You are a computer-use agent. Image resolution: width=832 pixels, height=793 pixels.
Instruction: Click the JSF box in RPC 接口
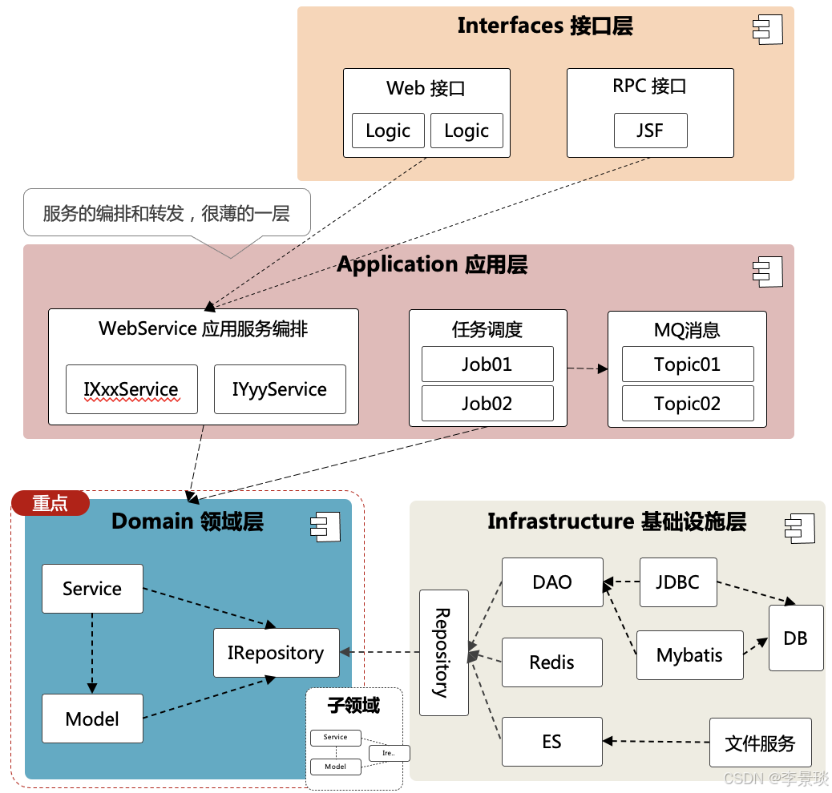pos(650,131)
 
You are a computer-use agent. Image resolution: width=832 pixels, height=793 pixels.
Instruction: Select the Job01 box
pos(487,364)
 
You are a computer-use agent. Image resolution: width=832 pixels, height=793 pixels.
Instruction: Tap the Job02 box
pos(487,404)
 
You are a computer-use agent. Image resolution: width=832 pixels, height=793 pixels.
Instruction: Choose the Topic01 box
pos(688,364)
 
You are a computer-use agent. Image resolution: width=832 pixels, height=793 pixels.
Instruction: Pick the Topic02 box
pos(688,404)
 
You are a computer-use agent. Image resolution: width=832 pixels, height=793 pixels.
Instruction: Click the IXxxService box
pos(131,389)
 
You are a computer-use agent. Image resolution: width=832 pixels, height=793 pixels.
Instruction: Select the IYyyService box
pos(280,389)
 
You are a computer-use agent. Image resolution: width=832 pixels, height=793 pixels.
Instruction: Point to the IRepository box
pos(276,653)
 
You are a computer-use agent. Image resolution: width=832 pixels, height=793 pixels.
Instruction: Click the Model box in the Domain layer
pos(92,719)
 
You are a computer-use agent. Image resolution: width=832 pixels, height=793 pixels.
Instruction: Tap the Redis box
pos(552,662)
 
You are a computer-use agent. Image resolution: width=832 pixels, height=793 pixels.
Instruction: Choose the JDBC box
pos(678,582)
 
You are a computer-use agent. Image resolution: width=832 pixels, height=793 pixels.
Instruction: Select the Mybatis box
pos(689,654)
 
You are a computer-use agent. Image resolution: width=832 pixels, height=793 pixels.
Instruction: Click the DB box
pos(796,638)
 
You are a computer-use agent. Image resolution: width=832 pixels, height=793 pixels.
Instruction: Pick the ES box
pos(552,742)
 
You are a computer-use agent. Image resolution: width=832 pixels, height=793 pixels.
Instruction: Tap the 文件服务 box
pos(760,743)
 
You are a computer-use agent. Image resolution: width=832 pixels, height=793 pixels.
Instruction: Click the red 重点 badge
pos(50,503)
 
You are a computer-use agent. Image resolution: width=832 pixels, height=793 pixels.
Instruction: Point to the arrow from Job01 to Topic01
pos(588,368)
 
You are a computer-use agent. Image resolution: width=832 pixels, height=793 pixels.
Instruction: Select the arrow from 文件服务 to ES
pos(656,742)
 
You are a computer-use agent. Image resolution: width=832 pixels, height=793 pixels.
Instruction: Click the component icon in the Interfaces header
pos(766,29)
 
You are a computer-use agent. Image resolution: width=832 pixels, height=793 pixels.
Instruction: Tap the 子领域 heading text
pos(353,706)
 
